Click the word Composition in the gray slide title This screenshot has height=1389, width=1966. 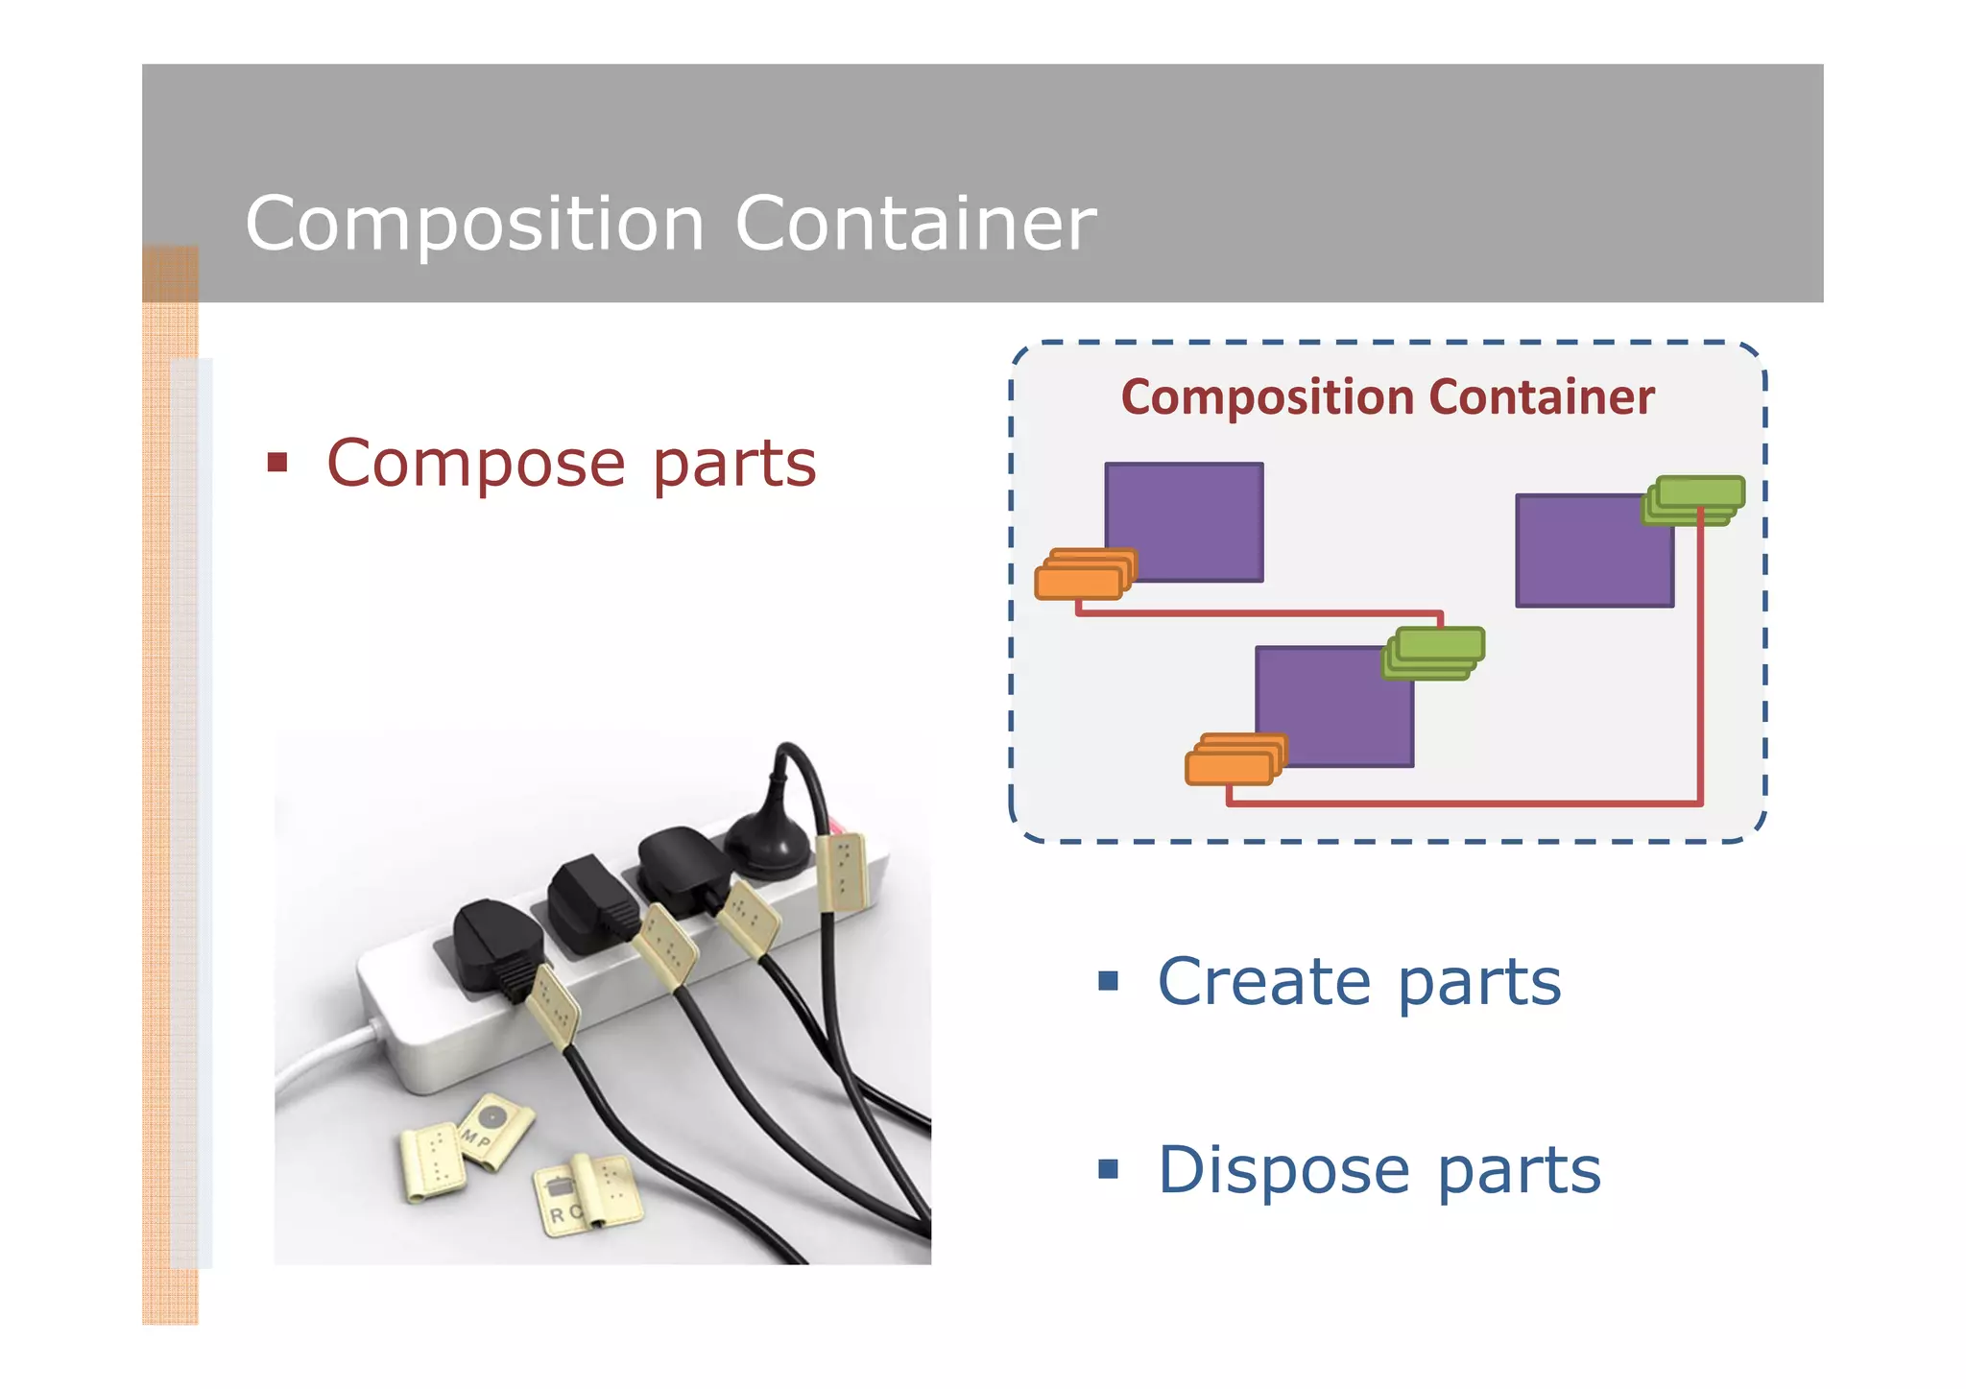[x=475, y=224]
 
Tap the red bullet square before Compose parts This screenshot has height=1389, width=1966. [x=277, y=464]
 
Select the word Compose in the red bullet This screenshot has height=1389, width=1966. [x=476, y=465]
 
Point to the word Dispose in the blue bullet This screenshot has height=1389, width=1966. [x=1283, y=1170]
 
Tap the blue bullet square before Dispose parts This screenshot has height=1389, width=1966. [x=1109, y=1168]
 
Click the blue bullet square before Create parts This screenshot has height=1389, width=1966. [x=1109, y=980]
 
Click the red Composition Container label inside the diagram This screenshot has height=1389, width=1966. [x=1387, y=397]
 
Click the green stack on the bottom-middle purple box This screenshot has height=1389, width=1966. [x=1433, y=653]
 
